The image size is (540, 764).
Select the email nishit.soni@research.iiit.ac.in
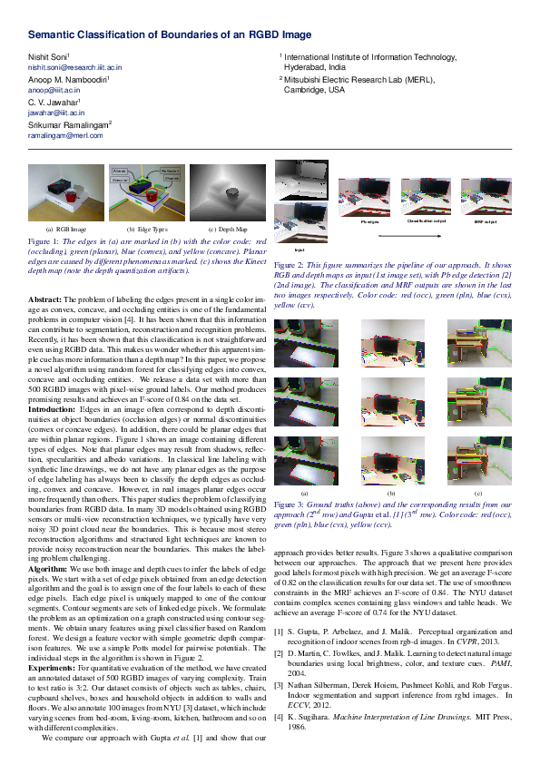[74, 67]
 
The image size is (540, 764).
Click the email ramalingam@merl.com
[65, 134]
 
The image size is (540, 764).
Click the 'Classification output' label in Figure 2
[427, 221]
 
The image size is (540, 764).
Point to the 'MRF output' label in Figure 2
[486, 221]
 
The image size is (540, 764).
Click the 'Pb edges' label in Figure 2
[369, 221]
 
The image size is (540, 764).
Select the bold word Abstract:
[45, 299]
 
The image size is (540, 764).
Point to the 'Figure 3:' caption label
[289, 503]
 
